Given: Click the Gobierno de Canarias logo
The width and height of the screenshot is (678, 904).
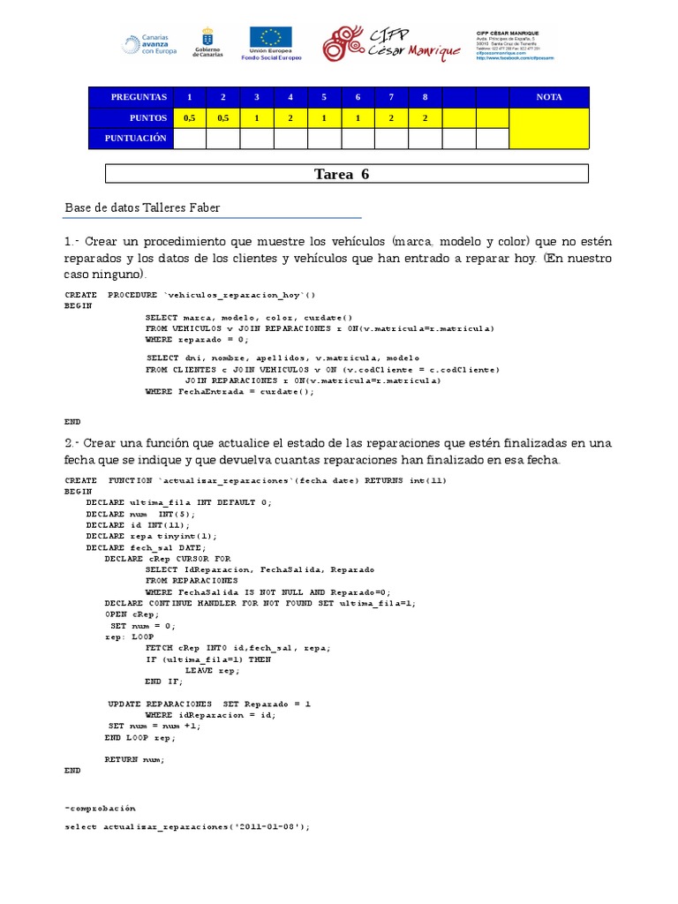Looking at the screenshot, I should click(x=207, y=43).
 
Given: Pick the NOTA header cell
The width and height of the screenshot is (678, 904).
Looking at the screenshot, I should click(x=549, y=97).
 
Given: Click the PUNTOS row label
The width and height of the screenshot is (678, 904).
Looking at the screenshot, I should click(x=147, y=117).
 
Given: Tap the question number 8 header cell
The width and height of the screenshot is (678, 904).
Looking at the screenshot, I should click(x=425, y=97).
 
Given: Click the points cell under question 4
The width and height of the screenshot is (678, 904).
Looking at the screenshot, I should click(x=290, y=117).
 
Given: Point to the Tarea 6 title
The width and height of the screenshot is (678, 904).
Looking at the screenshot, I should click(x=342, y=174).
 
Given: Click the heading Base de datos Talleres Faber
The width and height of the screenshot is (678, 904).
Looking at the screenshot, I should click(x=142, y=208).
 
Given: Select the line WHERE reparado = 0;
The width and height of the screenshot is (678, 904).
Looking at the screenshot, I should click(x=197, y=338).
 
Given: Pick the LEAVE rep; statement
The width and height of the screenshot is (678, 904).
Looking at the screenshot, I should click(x=212, y=670).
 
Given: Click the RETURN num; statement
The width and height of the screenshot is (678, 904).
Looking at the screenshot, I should click(x=134, y=759).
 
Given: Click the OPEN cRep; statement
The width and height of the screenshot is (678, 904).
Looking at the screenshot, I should click(x=132, y=614).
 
